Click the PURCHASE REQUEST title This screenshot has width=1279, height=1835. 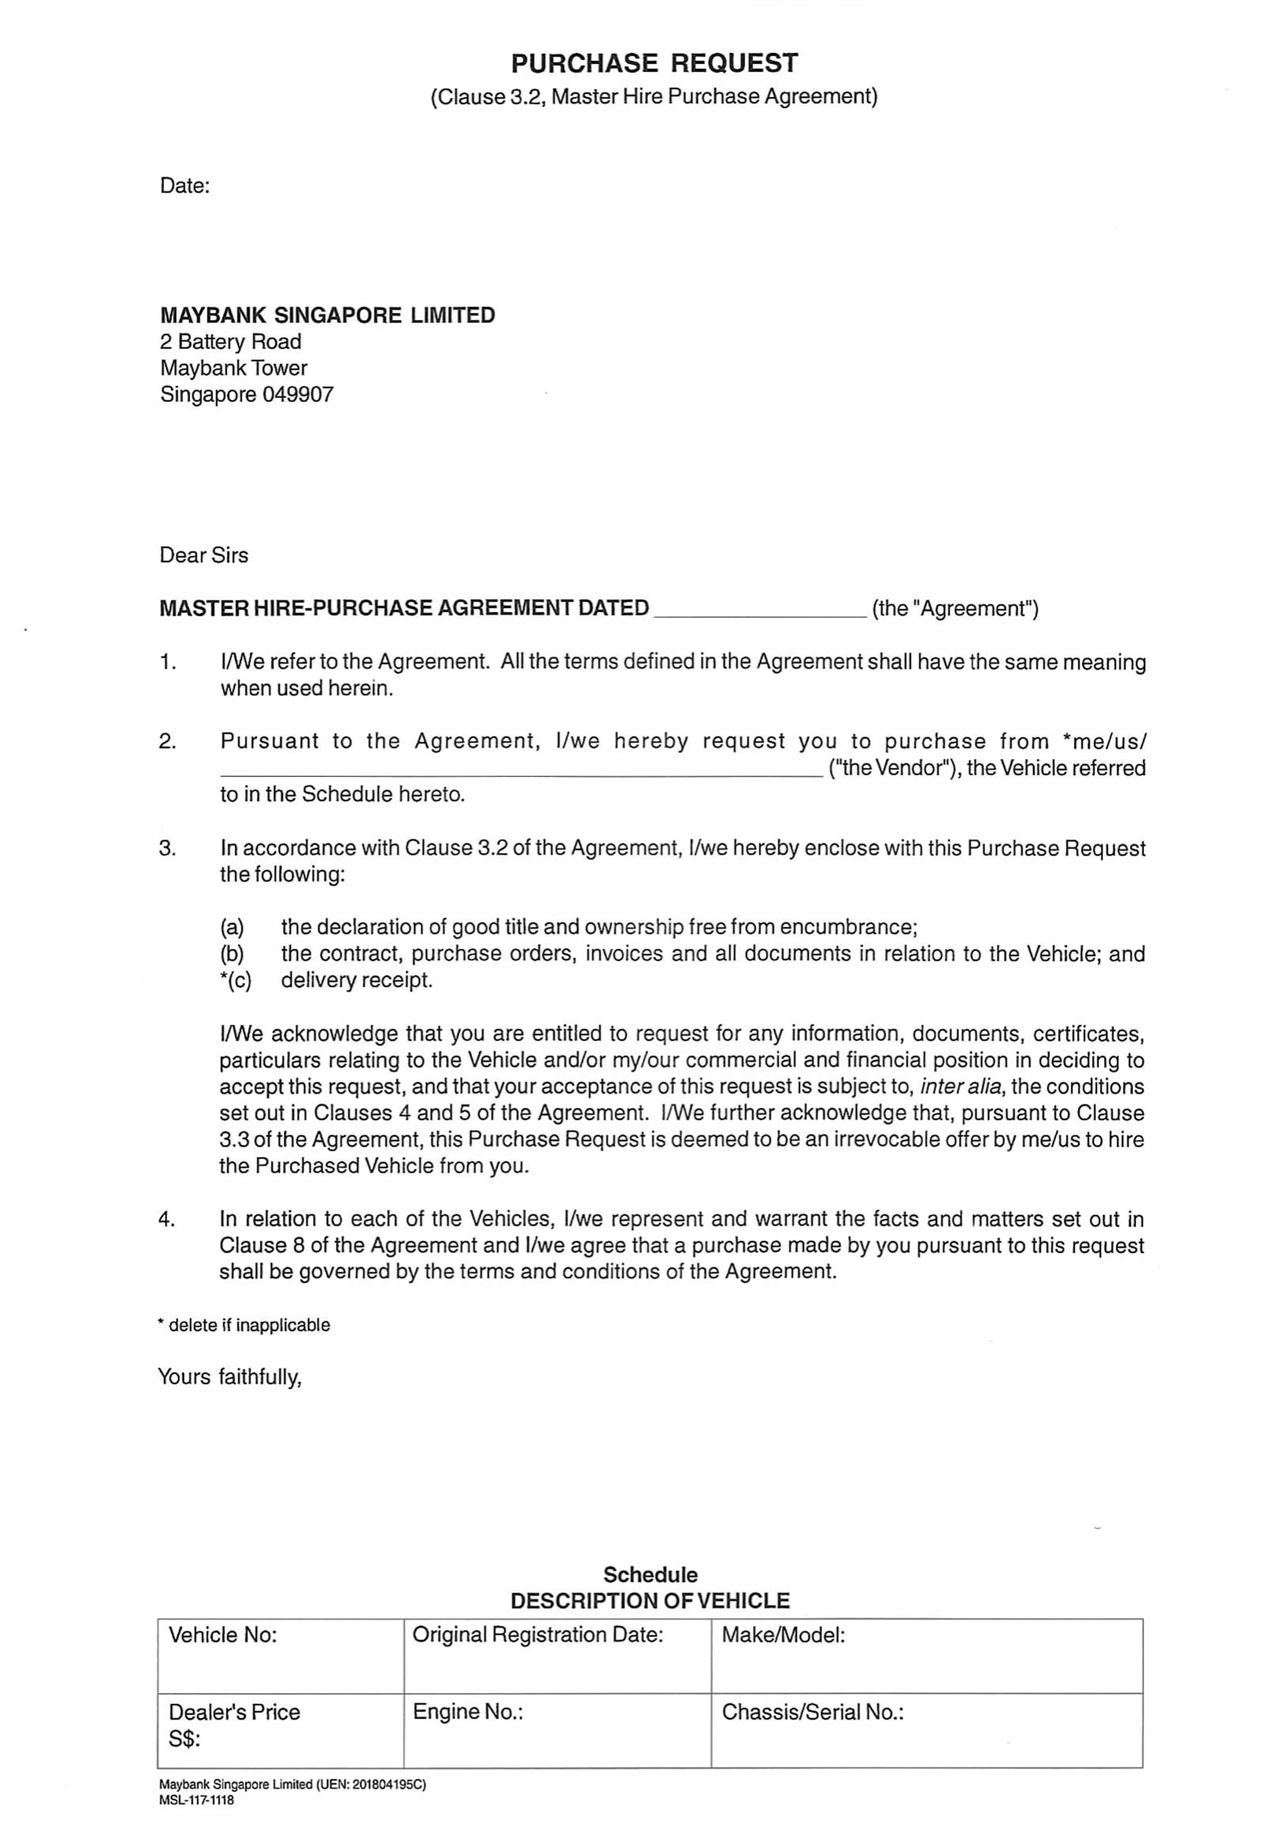pyautogui.click(x=654, y=63)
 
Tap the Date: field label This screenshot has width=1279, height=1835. pyautogui.click(x=185, y=186)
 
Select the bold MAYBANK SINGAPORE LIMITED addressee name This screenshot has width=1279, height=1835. pyautogui.click(x=327, y=315)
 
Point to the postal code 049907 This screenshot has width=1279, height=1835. pyautogui.click(x=297, y=394)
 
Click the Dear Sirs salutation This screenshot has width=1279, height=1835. pyautogui.click(x=204, y=556)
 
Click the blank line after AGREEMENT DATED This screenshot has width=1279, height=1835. pyautogui.click(x=759, y=611)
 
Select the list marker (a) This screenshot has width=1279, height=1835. pyautogui.click(x=232, y=927)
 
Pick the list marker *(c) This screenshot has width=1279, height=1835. pyautogui.click(x=235, y=980)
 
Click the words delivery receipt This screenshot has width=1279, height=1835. pyautogui.click(x=357, y=980)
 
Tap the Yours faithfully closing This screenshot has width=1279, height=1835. pyautogui.click(x=229, y=1377)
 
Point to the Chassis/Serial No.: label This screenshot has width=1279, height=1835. pyautogui.click(x=812, y=1712)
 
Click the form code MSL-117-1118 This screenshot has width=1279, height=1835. pyautogui.click(x=197, y=1800)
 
